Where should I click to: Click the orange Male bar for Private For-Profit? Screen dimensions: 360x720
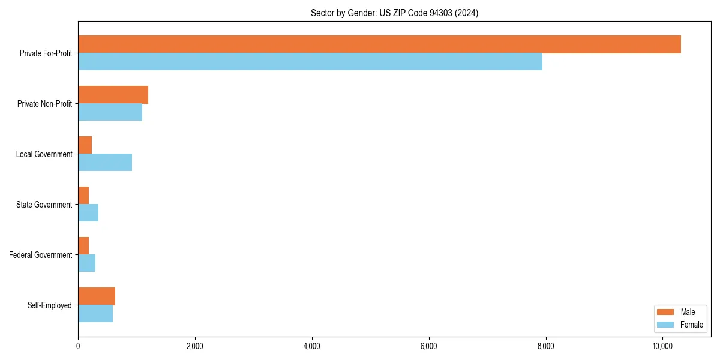(379, 44)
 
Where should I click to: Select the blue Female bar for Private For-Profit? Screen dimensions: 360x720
(310, 62)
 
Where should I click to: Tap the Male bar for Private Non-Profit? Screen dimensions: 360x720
(113, 95)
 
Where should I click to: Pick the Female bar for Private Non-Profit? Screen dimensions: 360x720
(110, 112)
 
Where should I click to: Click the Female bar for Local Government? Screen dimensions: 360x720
(105, 163)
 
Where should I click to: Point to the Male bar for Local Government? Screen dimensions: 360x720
(85, 145)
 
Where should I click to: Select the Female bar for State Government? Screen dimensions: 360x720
(88, 213)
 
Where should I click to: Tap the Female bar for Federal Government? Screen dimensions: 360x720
(86, 263)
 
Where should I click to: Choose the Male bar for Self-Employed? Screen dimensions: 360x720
(97, 296)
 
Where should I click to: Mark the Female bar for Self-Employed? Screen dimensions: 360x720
(95, 314)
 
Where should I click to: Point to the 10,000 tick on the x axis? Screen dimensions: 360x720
(662, 346)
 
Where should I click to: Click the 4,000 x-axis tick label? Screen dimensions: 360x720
(311, 346)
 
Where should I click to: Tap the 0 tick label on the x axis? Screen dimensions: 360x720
(78, 346)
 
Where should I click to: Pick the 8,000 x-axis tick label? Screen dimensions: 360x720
(545, 346)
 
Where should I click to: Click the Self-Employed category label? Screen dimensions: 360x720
(50, 305)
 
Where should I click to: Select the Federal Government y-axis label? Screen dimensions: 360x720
(41, 255)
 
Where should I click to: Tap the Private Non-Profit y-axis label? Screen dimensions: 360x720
(44, 104)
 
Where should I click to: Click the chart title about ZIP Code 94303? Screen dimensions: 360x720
(394, 13)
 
